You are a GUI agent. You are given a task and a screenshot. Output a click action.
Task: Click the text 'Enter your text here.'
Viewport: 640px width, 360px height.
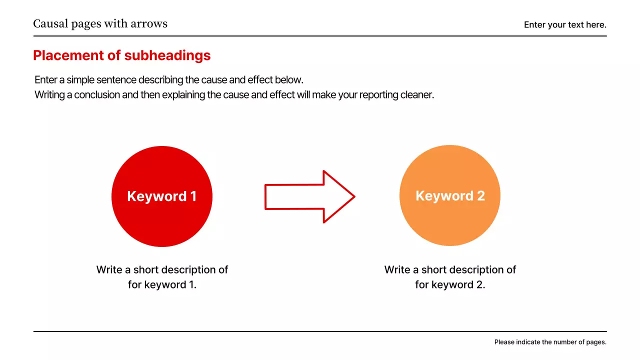click(x=565, y=25)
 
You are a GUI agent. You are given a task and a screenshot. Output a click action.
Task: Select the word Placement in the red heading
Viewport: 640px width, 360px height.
click(x=68, y=55)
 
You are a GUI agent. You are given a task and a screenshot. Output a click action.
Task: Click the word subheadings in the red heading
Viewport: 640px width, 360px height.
click(x=167, y=55)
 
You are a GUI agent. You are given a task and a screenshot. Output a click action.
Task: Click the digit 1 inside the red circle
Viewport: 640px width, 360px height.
click(x=193, y=196)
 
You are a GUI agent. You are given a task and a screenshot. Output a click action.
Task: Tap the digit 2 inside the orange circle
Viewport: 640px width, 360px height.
click(x=481, y=195)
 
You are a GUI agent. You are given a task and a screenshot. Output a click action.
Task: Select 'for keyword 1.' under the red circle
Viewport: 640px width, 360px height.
click(x=162, y=285)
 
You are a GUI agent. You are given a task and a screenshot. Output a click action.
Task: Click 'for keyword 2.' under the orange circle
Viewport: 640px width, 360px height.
click(x=450, y=285)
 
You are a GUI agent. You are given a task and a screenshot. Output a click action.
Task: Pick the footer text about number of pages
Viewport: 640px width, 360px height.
click(x=550, y=342)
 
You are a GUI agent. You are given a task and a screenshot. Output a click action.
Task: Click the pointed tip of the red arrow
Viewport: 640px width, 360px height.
click(x=355, y=196)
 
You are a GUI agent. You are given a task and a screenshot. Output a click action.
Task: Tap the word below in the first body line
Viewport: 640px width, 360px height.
click(x=289, y=79)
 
